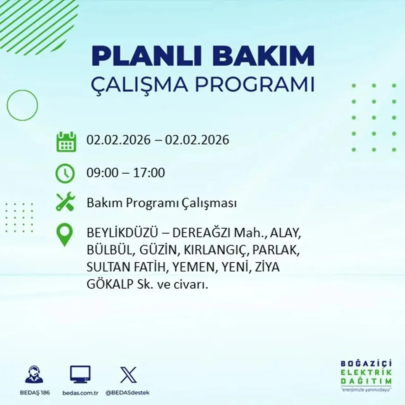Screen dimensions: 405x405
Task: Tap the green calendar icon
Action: [x=66, y=141]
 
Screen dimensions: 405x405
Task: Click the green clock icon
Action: [x=65, y=173]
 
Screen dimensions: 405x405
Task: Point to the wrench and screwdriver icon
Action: [x=65, y=202]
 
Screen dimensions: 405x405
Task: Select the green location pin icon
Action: [x=64, y=235]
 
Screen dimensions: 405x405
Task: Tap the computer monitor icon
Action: [x=80, y=375]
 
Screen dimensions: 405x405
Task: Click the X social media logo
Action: [x=128, y=375]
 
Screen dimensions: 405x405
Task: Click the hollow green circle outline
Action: [x=22, y=105]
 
